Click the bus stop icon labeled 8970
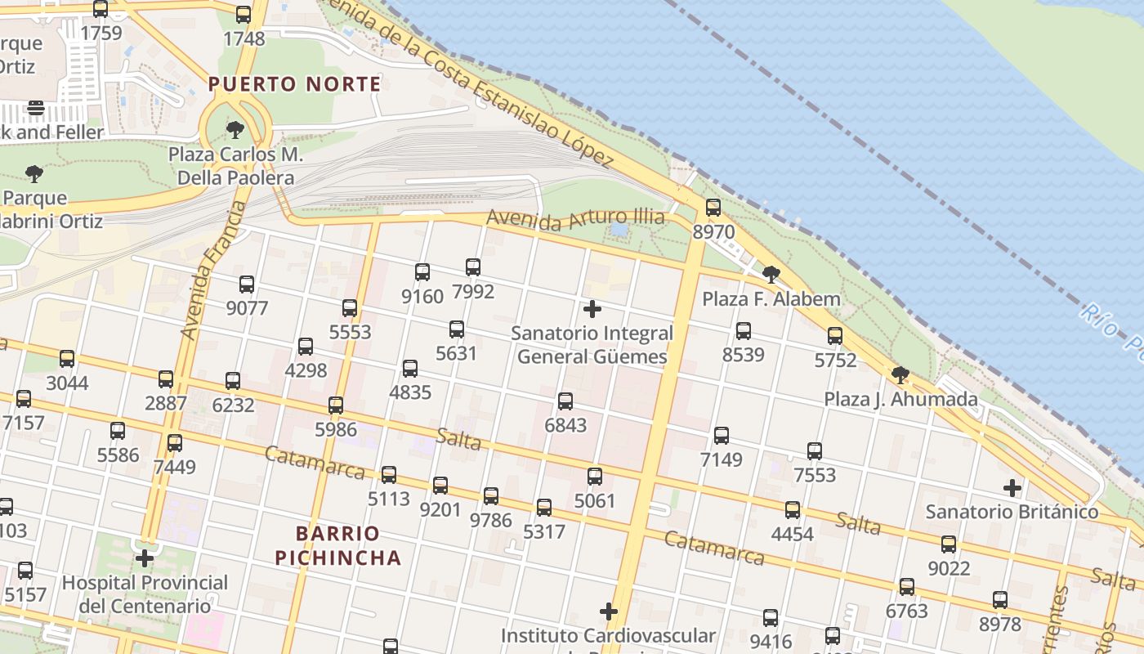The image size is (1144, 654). click(713, 208)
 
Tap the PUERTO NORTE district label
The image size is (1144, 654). click(294, 84)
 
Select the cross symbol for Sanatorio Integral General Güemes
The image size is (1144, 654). click(592, 309)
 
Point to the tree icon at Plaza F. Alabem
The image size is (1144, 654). click(770, 275)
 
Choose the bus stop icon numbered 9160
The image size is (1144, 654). click(422, 272)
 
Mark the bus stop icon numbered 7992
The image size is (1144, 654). click(473, 267)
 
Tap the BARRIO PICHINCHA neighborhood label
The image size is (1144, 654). click(338, 546)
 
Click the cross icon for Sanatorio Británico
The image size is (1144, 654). click(1012, 488)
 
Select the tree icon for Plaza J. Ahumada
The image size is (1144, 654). click(900, 375)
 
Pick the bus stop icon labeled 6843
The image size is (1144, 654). click(565, 401)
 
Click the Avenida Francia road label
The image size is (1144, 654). click(213, 270)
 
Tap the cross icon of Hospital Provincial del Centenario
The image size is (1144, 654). click(145, 559)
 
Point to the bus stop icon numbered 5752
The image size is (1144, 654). click(835, 336)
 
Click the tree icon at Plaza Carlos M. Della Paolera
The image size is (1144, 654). click(235, 129)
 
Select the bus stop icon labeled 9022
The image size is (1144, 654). click(949, 544)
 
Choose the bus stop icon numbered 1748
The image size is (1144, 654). click(244, 15)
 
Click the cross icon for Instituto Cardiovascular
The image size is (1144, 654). click(608, 611)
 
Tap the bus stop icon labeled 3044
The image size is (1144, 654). click(67, 359)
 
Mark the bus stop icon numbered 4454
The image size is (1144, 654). click(793, 510)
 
